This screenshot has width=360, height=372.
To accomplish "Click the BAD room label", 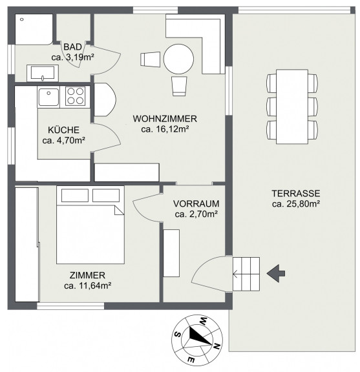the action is click(72, 46).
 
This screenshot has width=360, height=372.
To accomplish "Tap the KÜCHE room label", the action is click(63, 130).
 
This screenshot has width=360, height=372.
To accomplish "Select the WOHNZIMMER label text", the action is click(165, 119).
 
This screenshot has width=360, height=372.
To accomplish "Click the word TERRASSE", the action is click(295, 193).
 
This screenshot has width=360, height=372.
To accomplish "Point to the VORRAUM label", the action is click(196, 203).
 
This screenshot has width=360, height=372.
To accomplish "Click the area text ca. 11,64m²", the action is click(88, 285).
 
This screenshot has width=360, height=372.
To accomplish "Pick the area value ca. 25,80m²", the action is click(295, 204).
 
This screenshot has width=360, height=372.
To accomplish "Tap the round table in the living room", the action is click(178, 59).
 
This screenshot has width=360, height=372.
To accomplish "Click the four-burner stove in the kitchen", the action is click(75, 96).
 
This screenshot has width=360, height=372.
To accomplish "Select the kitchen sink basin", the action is click(48, 97).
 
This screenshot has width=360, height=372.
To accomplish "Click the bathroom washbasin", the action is click(43, 73).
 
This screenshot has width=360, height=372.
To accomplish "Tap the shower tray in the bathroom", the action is click(34, 29).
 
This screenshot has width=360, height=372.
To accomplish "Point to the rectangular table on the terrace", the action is click(292, 107).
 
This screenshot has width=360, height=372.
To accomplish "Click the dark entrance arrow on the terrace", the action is click(276, 274).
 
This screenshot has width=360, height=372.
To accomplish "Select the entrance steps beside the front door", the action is click(246, 274).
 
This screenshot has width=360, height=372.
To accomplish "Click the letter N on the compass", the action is click(216, 347).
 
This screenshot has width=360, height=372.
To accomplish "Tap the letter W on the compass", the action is click(203, 321).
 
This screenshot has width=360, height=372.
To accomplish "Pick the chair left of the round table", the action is click(150, 59).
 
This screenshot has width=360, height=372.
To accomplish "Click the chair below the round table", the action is click(179, 86).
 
